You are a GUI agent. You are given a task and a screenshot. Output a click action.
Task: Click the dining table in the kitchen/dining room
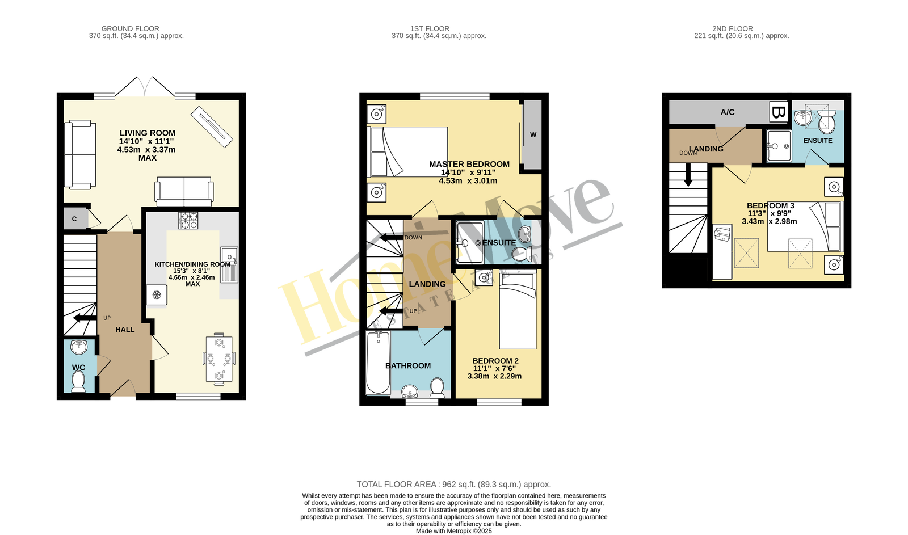click(219, 359)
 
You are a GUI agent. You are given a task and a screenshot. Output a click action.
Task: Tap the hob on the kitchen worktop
click(188, 221)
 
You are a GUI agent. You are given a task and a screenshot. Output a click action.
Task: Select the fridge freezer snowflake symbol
click(157, 295)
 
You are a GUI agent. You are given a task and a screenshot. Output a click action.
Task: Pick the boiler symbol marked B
click(778, 112)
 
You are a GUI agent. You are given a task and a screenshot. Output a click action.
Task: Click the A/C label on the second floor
click(727, 112)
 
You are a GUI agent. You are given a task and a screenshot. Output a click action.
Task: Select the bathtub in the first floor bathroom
click(378, 363)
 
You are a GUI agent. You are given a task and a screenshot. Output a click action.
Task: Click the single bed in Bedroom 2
click(518, 311)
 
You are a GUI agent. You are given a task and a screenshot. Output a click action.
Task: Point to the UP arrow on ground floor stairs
click(85, 318)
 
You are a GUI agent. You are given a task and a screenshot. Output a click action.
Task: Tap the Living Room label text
click(147, 133)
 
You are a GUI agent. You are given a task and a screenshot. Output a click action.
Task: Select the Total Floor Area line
click(453, 485)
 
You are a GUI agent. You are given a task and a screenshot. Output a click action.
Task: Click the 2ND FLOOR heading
click(733, 29)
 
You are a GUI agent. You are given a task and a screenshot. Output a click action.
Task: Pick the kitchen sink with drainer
click(229, 265)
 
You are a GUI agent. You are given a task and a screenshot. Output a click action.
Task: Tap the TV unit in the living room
click(212, 127)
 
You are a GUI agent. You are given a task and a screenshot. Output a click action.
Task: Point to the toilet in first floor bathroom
click(437, 387)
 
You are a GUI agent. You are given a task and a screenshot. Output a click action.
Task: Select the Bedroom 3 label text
click(771, 205)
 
